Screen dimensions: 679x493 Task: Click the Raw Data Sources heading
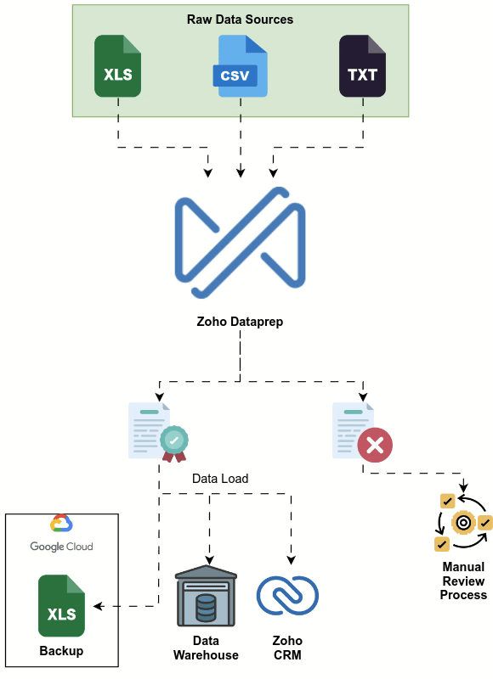[x=240, y=19]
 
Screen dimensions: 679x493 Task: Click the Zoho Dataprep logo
[x=240, y=243]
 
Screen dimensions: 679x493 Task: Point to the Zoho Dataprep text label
[x=240, y=322]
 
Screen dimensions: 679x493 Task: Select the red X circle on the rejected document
[x=375, y=445]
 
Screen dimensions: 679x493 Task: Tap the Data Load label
[x=220, y=479]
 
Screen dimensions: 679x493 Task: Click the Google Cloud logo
[x=60, y=524]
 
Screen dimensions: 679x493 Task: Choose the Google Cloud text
[x=61, y=547]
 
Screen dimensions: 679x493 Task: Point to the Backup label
[x=61, y=651]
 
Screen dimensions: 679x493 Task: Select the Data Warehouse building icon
[x=206, y=599]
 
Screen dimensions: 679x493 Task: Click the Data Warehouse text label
[x=206, y=648]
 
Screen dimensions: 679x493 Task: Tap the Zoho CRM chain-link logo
[x=287, y=595]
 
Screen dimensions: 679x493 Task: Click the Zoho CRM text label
[x=287, y=648]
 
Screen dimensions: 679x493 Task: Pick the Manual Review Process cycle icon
[x=462, y=522]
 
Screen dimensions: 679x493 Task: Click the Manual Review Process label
[x=463, y=581]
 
